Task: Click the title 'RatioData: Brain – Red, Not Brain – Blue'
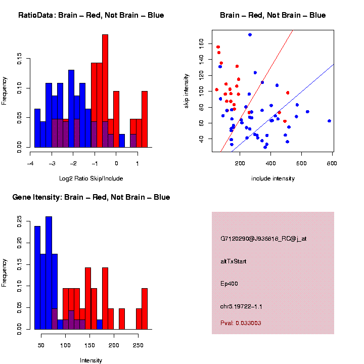pos(91,15)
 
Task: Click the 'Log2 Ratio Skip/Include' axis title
pos(91,178)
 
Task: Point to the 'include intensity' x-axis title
pos(273,178)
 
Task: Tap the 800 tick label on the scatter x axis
pos(333,163)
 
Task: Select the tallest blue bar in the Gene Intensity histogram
pos(49,273)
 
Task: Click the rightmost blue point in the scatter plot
pos(329,121)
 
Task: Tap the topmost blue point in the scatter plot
pos(250,35)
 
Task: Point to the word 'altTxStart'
pos(234,261)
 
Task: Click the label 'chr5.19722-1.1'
pos(241,306)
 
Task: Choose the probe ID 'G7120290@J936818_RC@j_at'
pos(263,239)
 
